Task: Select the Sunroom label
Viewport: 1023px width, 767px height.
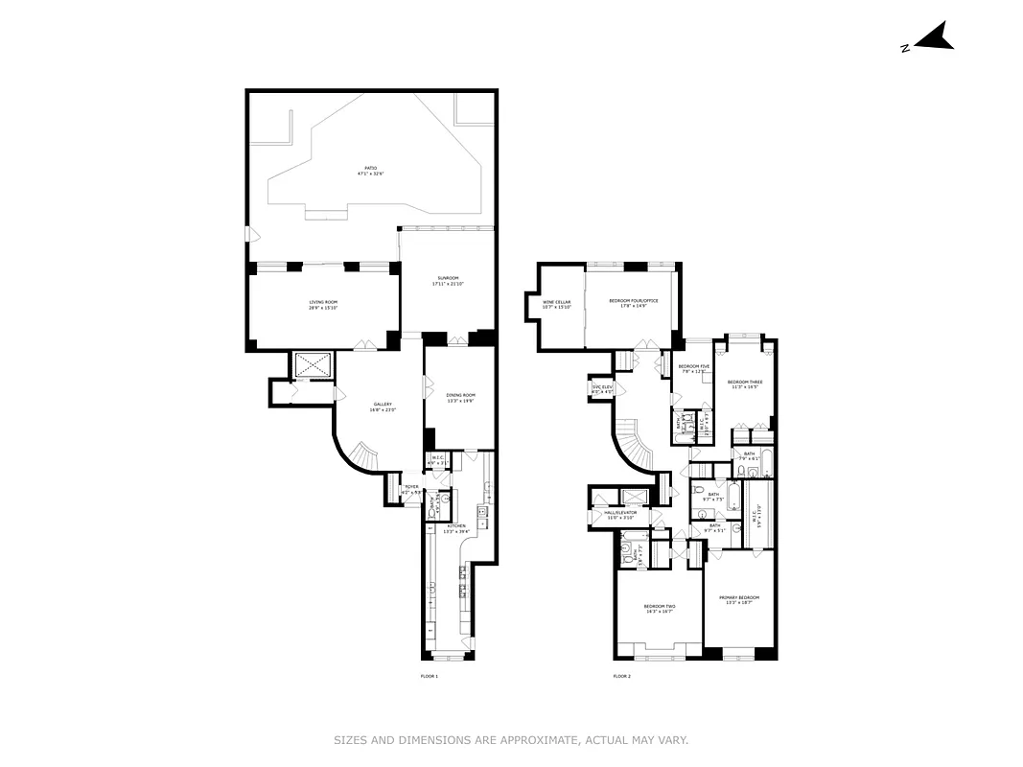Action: (448, 281)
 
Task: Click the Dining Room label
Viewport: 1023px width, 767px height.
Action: (460, 398)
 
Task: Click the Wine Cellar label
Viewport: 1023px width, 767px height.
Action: (557, 304)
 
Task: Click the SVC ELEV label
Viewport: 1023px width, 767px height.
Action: (602, 389)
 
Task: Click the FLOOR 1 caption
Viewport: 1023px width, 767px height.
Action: (429, 677)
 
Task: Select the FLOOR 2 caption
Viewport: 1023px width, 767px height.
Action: (621, 677)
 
